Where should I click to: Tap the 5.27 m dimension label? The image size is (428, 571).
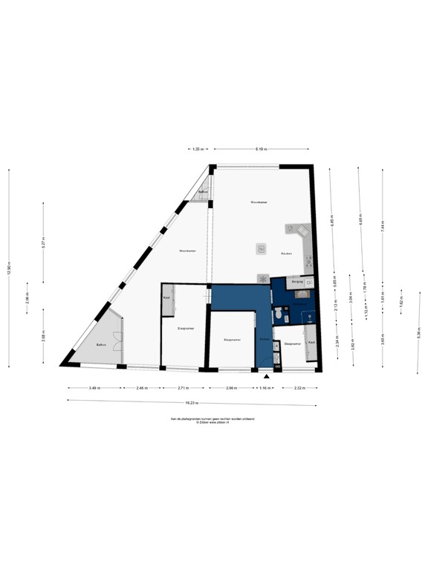(44, 242)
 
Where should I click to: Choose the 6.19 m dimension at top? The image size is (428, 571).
(261, 150)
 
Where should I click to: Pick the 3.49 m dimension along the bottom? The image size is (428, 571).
(94, 388)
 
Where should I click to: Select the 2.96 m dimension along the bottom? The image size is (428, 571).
(231, 388)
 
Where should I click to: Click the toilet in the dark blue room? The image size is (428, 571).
(277, 315)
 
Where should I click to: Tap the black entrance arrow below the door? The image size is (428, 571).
(266, 377)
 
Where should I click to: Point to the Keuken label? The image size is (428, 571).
(286, 254)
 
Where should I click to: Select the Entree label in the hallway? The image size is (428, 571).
(264, 339)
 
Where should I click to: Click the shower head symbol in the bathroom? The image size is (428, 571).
(306, 314)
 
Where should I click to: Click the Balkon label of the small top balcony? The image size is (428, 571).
(201, 192)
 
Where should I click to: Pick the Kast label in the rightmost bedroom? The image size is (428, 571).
(311, 342)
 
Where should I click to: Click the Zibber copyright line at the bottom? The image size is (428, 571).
(214, 422)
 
